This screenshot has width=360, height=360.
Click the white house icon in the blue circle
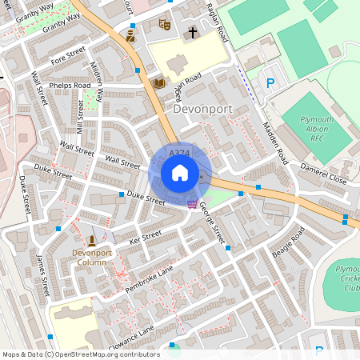click(x=180, y=173)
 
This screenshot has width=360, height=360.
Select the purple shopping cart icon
click(x=191, y=204)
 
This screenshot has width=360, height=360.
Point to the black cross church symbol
click(x=192, y=33)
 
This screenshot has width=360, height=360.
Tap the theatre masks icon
click(x=166, y=25)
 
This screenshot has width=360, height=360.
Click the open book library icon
click(x=158, y=82)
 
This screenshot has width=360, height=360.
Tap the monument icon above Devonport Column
click(x=92, y=240)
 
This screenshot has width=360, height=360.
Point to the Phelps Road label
click(x=70, y=85)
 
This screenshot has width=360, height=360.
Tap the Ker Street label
click(x=145, y=236)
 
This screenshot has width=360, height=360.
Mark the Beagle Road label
click(x=288, y=241)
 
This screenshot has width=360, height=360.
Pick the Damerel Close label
click(x=323, y=174)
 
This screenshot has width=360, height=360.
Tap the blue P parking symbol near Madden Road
click(x=270, y=82)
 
